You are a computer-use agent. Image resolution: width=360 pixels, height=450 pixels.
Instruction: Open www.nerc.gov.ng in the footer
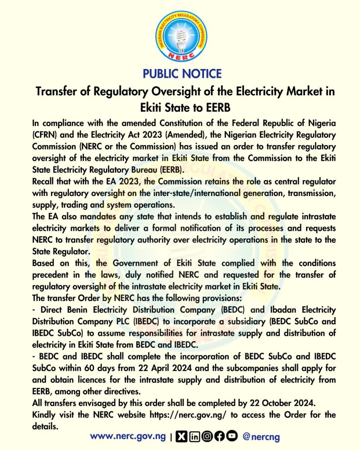128,436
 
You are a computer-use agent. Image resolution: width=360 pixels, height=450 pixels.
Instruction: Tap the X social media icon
181,436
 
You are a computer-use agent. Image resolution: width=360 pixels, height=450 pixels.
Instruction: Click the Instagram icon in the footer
207,436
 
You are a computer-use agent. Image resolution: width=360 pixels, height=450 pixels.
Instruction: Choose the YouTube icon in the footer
232,436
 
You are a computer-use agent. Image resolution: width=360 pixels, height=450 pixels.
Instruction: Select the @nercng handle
261,437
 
